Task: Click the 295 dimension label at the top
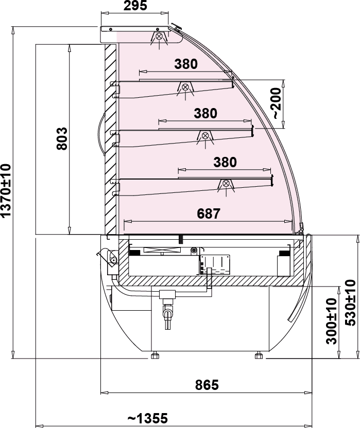click(x=135, y=6)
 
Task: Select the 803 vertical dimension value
click(x=62, y=138)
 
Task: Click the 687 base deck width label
click(x=208, y=213)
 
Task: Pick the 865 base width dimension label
click(x=207, y=385)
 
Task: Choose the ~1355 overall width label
click(x=147, y=418)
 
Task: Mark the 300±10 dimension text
click(x=331, y=320)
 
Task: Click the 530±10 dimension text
click(x=350, y=302)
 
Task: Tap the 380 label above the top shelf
click(x=186, y=64)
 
